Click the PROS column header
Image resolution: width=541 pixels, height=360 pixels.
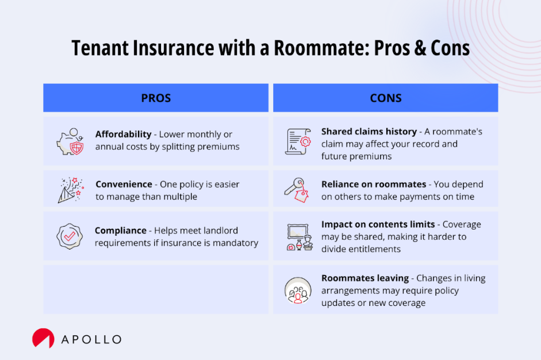point(156,98)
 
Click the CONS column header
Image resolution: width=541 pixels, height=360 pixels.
point(385,98)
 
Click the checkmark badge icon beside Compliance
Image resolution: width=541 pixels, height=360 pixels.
point(70,236)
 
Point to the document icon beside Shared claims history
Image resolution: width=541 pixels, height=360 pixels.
point(298,141)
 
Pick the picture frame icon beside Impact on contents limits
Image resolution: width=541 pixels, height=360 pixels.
point(298,236)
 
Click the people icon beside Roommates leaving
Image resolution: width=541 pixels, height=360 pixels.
point(298,290)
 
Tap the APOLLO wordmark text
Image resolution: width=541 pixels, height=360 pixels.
point(91,339)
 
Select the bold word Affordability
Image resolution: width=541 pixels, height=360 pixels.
point(124,134)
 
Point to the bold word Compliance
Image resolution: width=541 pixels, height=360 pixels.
point(121,230)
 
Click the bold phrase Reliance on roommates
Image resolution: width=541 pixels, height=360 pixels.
point(374,184)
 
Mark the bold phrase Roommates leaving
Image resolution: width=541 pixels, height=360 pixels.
point(364,278)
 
